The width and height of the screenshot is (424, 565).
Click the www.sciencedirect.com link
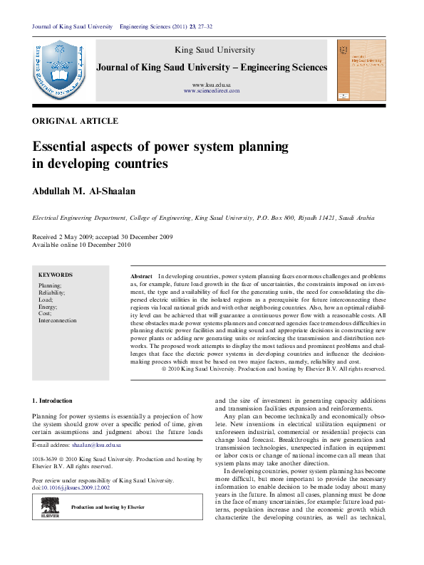point(212,92)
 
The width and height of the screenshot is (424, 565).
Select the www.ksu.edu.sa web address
point(212,85)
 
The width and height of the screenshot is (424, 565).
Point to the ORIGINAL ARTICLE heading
point(76,122)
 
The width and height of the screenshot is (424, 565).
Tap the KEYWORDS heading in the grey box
point(56,275)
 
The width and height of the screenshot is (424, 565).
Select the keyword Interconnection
point(58,320)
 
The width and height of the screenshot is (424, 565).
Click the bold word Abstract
point(142,275)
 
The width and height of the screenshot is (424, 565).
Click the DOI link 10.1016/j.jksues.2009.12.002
point(78,488)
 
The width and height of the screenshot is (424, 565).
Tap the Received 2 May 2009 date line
point(101,237)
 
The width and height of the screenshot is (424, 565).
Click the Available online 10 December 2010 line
point(81,245)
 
